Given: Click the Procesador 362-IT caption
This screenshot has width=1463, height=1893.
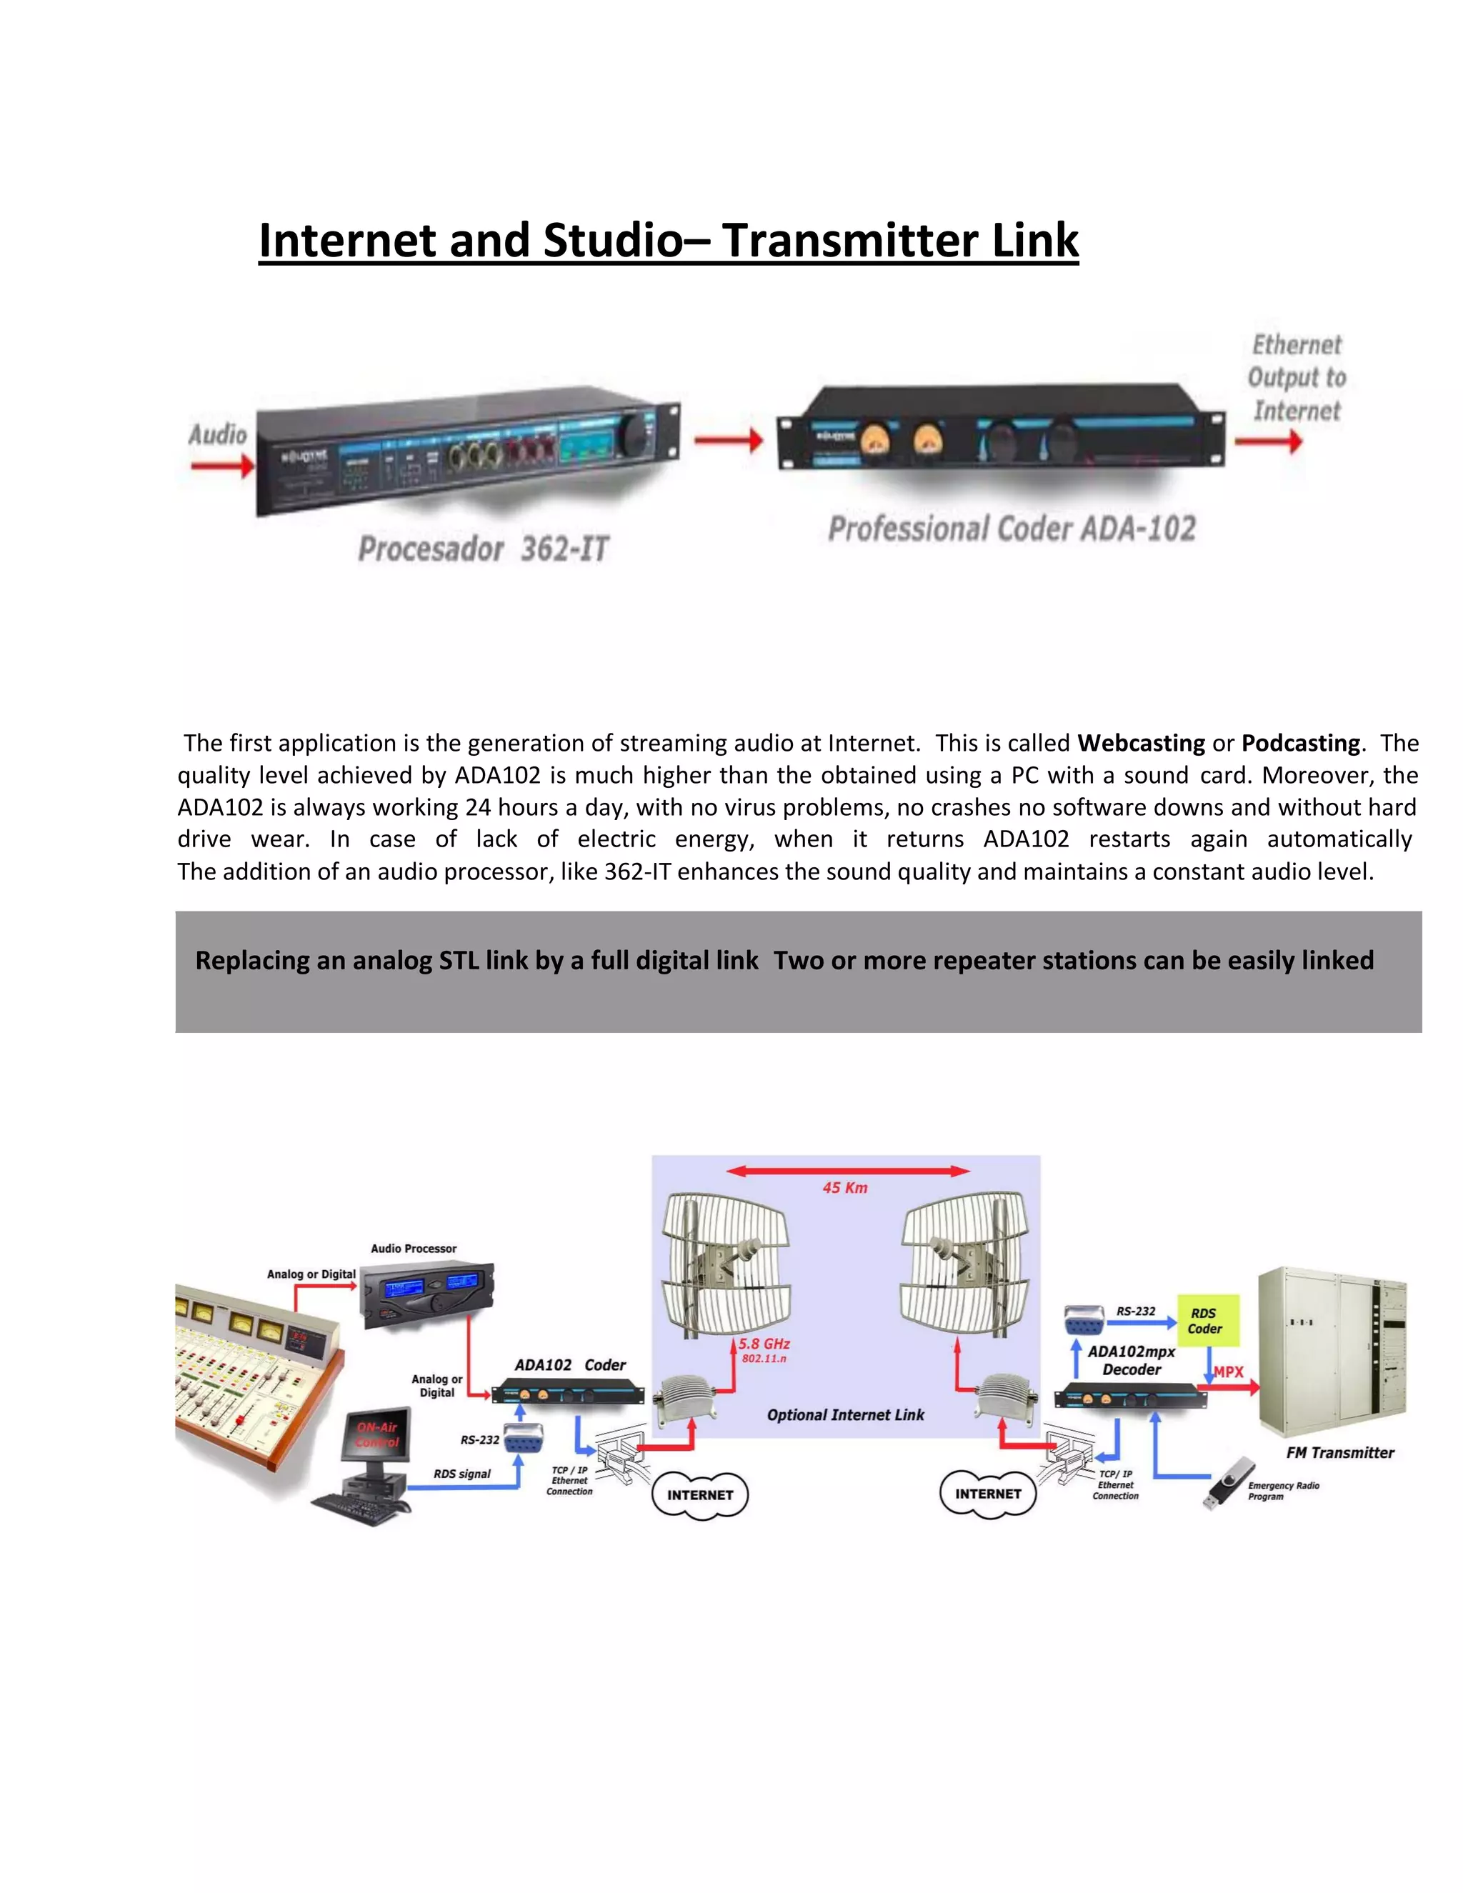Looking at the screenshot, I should pyautogui.click(x=483, y=549).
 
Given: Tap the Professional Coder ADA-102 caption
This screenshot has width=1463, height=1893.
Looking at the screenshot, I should pyautogui.click(x=1012, y=529).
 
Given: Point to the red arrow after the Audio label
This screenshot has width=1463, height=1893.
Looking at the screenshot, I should pyautogui.click(x=223, y=466).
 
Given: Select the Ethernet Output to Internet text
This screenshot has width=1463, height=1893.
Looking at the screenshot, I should pyautogui.click(x=1297, y=378).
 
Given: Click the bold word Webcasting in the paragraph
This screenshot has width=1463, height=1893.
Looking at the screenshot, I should pyautogui.click(x=1141, y=743).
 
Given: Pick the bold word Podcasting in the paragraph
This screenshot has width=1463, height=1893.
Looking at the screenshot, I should pyautogui.click(x=1300, y=743).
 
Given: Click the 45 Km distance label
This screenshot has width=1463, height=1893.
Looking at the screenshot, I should pyautogui.click(x=845, y=1187).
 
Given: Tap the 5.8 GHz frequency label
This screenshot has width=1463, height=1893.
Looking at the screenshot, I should pyautogui.click(x=764, y=1344).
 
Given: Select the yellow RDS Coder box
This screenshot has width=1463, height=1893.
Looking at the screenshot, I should pyautogui.click(x=1207, y=1320).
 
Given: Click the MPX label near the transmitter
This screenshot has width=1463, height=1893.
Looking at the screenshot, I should pyautogui.click(x=1228, y=1372).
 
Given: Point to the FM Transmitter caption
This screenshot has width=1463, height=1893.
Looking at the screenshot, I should pyautogui.click(x=1340, y=1453).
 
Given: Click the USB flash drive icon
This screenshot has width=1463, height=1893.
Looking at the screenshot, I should pyautogui.click(x=1228, y=1482).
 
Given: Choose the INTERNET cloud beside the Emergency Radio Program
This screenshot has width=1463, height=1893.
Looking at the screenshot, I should pyautogui.click(x=988, y=1494).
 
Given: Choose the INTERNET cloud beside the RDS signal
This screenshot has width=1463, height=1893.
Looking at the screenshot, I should pyautogui.click(x=699, y=1494).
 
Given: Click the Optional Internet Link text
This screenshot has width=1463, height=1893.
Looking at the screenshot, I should pyautogui.click(x=845, y=1414).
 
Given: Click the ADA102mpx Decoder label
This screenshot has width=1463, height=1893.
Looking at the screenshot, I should pyautogui.click(x=1131, y=1360).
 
